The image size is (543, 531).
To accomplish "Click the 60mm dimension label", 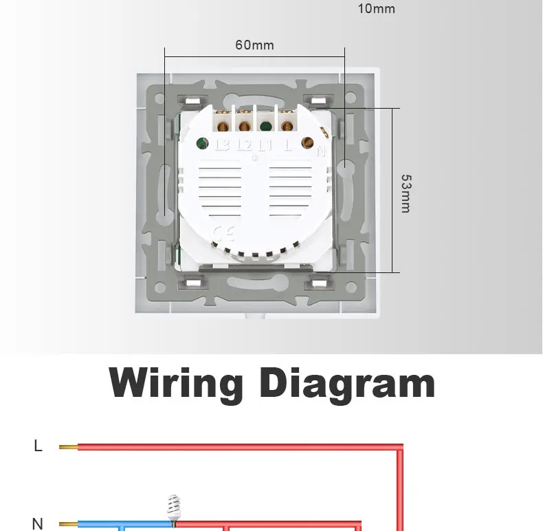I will [x=254, y=45].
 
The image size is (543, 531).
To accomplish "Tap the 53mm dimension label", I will [x=406, y=193].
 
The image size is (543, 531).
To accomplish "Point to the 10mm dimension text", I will [x=376, y=9].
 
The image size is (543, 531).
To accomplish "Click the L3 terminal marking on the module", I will [x=222, y=145].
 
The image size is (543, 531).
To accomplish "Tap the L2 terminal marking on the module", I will [x=244, y=145].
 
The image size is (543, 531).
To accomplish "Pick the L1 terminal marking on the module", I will [x=265, y=145].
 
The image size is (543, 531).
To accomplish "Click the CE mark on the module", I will [x=223, y=233].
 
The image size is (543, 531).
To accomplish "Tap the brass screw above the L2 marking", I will [x=244, y=125].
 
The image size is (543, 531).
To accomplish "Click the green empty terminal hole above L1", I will [x=265, y=126].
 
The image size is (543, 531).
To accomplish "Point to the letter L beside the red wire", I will [x=38, y=446].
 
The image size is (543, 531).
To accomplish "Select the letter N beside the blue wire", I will [x=38, y=524].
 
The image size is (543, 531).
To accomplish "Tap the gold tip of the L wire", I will [x=68, y=447].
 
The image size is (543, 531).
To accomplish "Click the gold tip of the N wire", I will [x=68, y=525].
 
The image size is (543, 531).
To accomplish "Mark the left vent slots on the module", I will [x=221, y=193].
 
